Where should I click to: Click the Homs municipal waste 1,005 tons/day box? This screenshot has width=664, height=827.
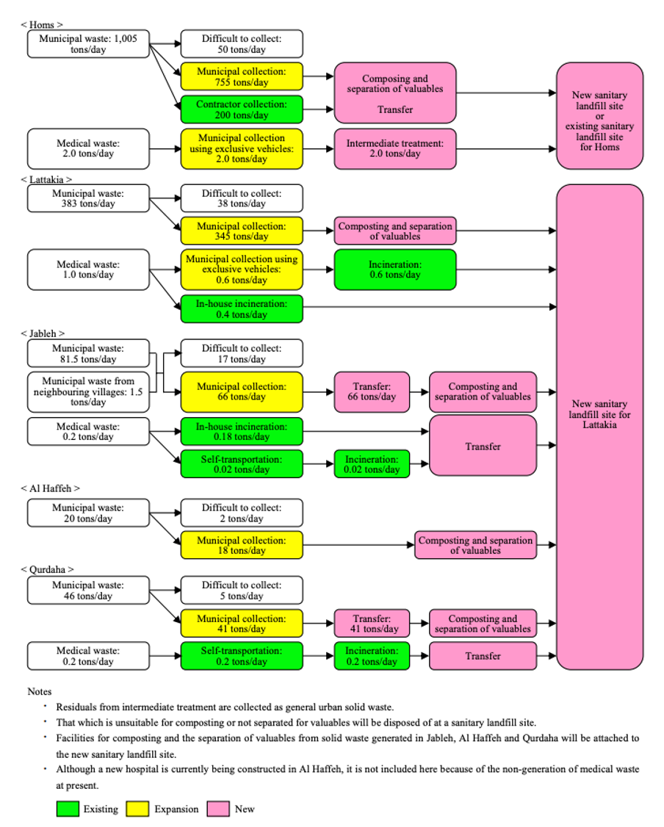(88, 44)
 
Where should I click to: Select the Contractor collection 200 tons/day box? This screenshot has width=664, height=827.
(242, 109)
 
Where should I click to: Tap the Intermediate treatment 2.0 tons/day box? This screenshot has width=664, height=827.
(395, 148)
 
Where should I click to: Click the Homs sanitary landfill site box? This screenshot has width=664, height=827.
(599, 116)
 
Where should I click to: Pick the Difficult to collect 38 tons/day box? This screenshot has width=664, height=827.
(242, 198)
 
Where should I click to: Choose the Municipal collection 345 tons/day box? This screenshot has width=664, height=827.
(242, 231)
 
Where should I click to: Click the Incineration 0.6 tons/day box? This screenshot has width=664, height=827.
(395, 270)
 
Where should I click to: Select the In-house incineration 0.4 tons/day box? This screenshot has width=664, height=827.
(242, 309)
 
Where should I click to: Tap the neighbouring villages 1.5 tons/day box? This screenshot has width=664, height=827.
(88, 391)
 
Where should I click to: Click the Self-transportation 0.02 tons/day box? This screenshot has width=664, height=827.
(242, 464)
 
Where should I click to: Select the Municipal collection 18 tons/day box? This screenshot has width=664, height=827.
(242, 546)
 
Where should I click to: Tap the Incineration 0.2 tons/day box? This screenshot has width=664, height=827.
(371, 656)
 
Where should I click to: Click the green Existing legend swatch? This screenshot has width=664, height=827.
(67, 809)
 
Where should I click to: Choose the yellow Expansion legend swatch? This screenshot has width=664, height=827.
(137, 809)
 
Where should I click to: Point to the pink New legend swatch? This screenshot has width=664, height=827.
(218, 809)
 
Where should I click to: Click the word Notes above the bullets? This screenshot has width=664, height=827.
(40, 691)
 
